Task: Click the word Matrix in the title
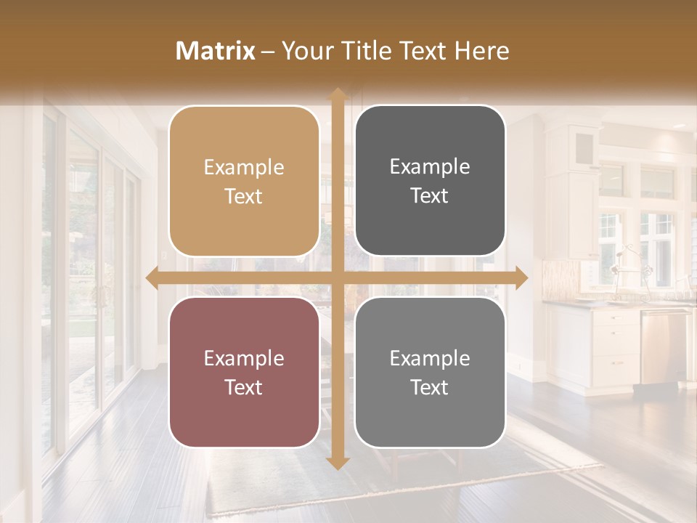click(x=216, y=51)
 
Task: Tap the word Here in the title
click(x=481, y=51)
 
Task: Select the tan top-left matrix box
click(x=244, y=182)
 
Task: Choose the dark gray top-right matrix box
click(x=430, y=181)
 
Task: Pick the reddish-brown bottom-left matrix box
click(x=244, y=373)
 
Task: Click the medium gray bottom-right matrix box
click(x=430, y=373)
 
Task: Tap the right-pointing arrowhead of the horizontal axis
click(x=522, y=277)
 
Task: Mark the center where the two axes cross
click(x=338, y=277)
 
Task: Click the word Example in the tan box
click(x=244, y=168)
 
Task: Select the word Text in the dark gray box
click(x=430, y=196)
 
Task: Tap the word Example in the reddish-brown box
click(x=244, y=359)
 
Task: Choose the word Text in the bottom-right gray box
click(x=430, y=388)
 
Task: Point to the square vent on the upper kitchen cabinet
click(x=584, y=149)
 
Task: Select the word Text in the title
click(x=420, y=51)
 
